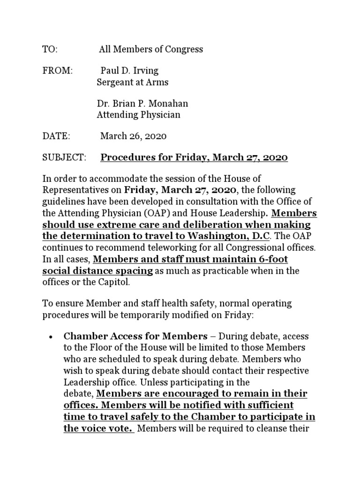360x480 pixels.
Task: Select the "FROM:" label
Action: (58, 71)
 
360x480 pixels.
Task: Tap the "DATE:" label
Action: (56, 136)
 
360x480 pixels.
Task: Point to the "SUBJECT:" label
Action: (65, 157)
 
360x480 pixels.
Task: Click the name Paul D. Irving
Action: (130, 71)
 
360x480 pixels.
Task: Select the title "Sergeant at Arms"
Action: (132, 82)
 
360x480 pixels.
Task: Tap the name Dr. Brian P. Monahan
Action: (142, 104)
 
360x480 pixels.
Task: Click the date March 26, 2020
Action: (134, 136)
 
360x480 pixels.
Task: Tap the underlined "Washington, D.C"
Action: (225, 235)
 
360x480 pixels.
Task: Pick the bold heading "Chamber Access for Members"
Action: (135, 337)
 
